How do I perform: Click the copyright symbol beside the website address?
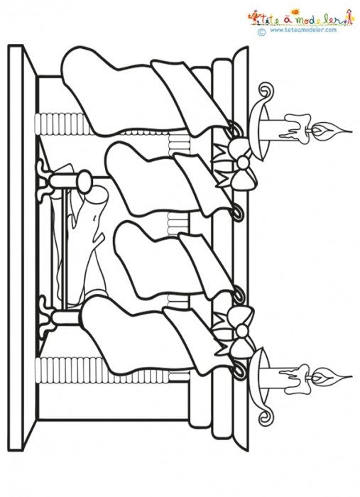262,32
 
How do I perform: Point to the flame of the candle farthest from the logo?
332,378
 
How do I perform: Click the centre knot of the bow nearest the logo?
244,163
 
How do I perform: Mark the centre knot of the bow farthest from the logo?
241,331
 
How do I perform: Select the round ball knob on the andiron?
84,182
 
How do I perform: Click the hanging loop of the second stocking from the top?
239,213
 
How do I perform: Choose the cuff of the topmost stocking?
190,95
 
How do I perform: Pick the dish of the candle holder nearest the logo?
259,131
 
